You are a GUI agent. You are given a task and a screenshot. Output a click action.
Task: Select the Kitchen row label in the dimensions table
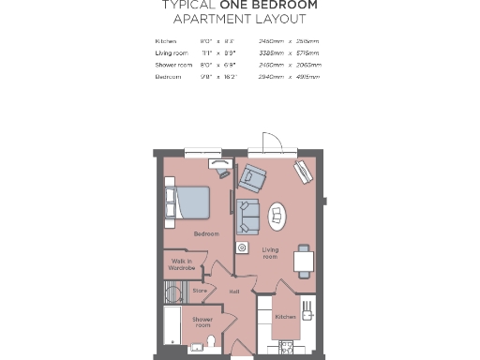tap(165, 41)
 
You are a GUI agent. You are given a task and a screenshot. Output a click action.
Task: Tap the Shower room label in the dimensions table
tap(172, 65)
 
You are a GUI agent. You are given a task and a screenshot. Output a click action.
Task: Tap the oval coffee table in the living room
tap(278, 217)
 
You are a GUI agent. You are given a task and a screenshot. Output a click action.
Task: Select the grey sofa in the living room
tap(249, 217)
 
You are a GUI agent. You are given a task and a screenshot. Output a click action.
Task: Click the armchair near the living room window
tap(253, 176)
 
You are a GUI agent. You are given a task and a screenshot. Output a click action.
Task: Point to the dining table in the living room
tap(303, 260)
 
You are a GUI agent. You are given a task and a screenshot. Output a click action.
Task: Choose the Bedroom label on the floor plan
tap(206, 233)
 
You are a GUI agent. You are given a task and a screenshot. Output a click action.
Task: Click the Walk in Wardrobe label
tap(182, 264)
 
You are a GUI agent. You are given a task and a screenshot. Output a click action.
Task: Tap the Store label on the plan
tap(199, 291)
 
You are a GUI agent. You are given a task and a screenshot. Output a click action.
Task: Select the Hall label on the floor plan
tap(234, 291)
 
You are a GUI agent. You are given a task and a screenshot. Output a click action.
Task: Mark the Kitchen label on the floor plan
tap(285, 317)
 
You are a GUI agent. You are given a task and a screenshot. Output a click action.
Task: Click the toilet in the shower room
tap(212, 340)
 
